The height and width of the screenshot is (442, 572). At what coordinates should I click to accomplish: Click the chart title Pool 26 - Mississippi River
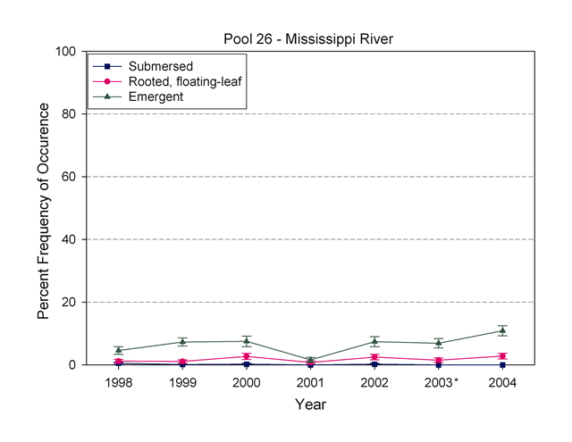[x=308, y=38]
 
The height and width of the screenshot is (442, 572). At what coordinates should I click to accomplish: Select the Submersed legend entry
[x=160, y=67]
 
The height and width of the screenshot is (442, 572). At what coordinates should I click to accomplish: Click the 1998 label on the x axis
[x=118, y=382]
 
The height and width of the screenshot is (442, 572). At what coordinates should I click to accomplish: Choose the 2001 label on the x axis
[x=310, y=382]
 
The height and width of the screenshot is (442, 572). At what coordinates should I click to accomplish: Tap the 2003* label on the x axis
[x=441, y=382]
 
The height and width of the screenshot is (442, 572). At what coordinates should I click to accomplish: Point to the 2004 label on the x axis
[x=502, y=382]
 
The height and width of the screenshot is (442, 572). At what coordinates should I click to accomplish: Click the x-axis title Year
[x=310, y=404]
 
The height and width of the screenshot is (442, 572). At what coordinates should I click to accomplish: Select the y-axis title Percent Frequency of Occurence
[x=43, y=208]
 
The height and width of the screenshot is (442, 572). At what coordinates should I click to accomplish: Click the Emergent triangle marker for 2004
[x=502, y=330]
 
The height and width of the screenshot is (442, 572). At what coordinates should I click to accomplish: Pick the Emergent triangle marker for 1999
[x=182, y=342]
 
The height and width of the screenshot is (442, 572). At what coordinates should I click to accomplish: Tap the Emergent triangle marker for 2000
[x=247, y=341]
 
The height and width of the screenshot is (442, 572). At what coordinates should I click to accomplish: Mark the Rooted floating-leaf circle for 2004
[x=502, y=356]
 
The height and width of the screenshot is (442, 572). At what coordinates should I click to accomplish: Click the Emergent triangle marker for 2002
[x=374, y=342]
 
